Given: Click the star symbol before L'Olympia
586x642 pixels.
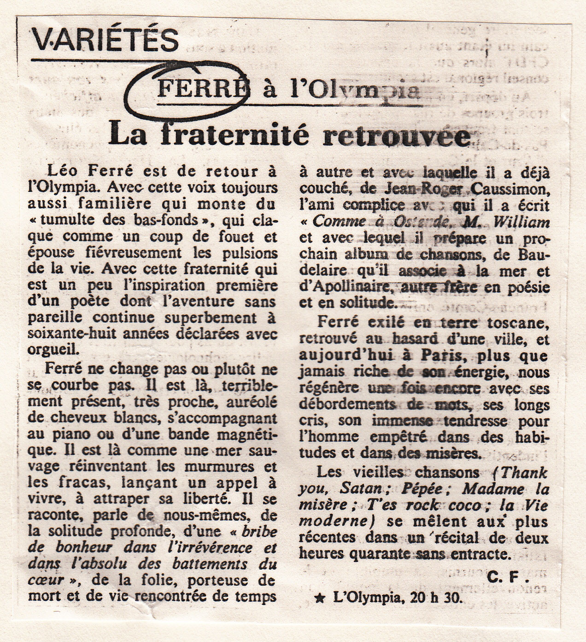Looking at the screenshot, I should click(x=318, y=599).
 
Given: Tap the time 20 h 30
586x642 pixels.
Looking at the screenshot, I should click(x=431, y=599).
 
